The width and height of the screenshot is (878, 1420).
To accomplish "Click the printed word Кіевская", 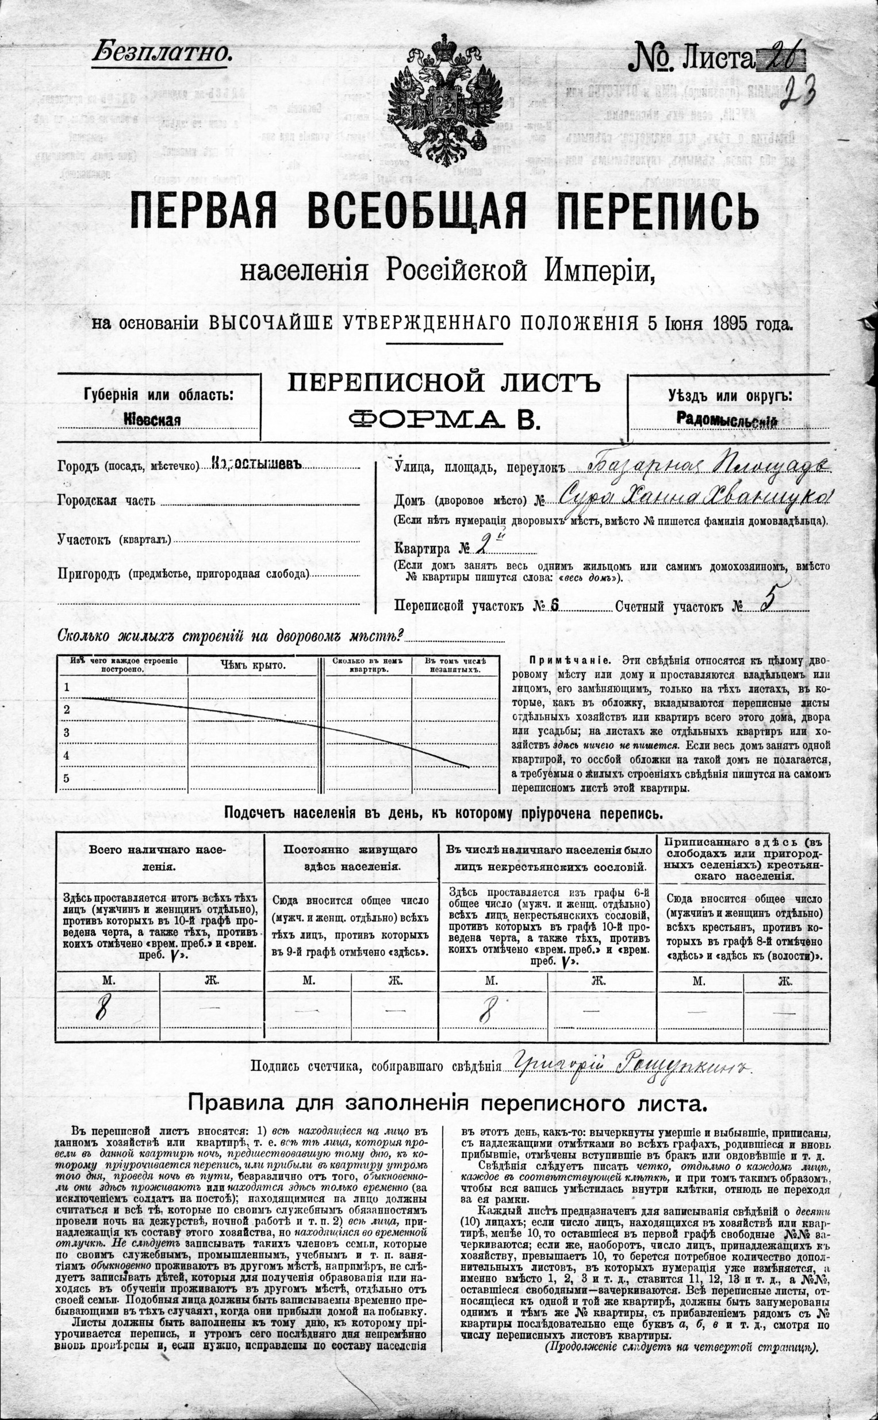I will [153, 419].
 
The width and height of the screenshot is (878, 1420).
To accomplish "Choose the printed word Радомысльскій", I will [726, 420].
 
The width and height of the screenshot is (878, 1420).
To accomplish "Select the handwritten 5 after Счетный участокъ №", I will [766, 603].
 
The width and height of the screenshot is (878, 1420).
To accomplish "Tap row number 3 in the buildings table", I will [66, 732].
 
